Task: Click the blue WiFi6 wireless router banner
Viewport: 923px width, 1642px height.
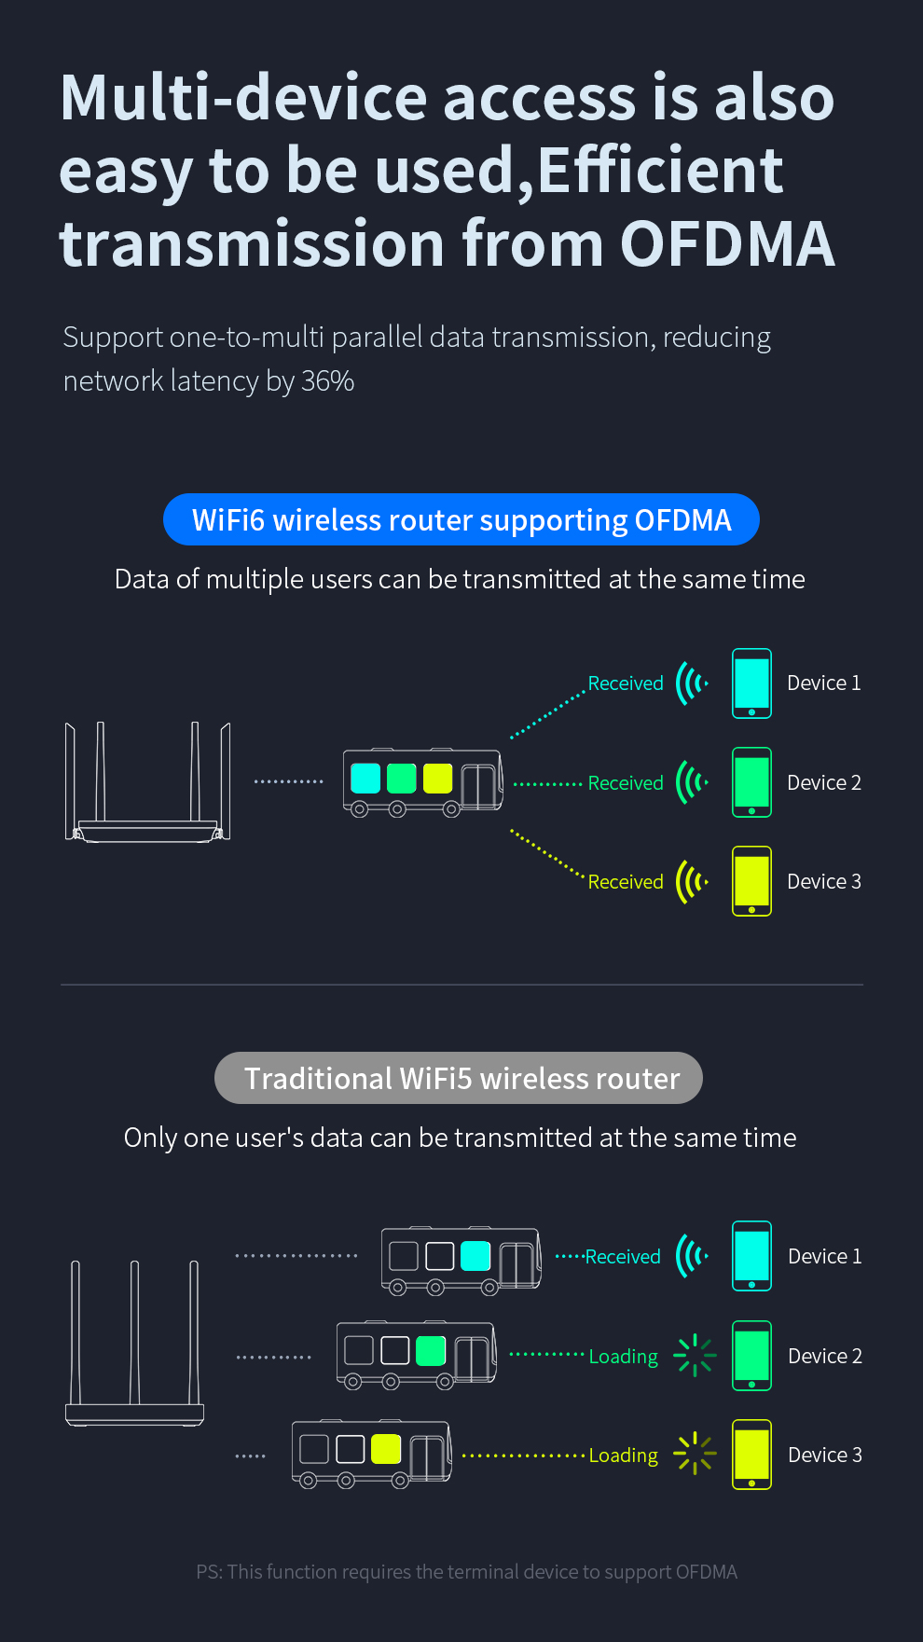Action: point(461,519)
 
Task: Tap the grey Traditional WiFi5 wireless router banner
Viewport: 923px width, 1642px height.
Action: point(459,1078)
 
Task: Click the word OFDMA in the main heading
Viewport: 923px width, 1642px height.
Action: point(727,244)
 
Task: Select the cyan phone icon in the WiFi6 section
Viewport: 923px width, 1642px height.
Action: point(751,683)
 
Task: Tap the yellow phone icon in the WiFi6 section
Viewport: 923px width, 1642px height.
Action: point(751,881)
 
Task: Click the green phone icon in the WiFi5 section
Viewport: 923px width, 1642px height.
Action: point(751,1356)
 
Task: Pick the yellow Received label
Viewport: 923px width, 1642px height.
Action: point(626,882)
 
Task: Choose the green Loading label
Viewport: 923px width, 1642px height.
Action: point(623,1357)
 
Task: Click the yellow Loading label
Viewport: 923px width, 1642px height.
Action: point(623,1456)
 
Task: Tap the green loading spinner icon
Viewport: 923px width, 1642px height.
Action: point(695,1356)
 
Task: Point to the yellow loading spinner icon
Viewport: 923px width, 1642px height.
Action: point(695,1454)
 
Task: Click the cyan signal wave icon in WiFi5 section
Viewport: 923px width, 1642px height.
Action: point(692,1256)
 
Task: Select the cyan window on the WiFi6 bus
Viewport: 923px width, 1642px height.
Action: point(365,778)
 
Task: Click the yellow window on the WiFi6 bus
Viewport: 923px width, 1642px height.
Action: point(437,778)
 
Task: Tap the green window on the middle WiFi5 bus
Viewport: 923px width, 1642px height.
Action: point(431,1350)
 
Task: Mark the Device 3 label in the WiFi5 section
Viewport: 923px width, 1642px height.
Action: point(824,1455)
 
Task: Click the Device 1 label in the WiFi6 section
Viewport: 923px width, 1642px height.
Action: point(823,683)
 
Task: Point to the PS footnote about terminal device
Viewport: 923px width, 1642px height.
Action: point(466,1572)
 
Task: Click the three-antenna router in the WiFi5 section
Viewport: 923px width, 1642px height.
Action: point(135,1343)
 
